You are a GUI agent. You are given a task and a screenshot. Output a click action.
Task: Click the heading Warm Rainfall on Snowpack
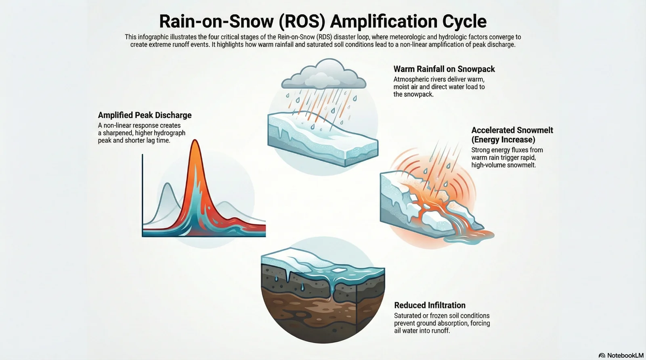(444, 69)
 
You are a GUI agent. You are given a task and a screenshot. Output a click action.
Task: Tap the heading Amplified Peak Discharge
(145, 115)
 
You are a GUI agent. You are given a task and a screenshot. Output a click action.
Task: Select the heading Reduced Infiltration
(430, 305)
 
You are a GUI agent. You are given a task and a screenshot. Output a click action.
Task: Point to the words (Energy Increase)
(503, 140)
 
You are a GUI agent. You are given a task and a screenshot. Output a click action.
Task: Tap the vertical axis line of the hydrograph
(143, 194)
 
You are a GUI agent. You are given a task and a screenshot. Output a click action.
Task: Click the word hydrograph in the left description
(170, 133)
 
